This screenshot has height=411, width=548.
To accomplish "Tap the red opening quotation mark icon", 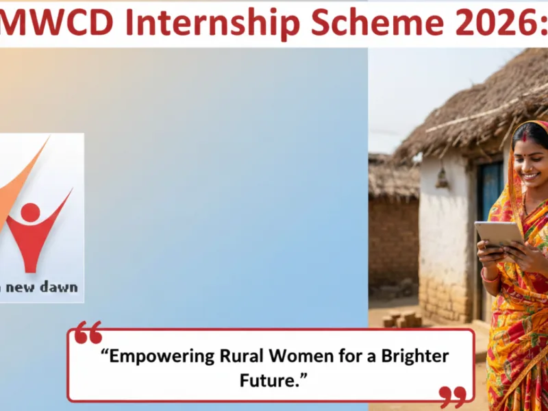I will click(x=88, y=333).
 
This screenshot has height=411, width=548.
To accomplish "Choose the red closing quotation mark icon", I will click(x=453, y=396).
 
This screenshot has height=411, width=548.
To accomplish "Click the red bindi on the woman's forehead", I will click(x=526, y=138).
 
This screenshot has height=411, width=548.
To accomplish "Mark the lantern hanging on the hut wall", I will click(x=443, y=179).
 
